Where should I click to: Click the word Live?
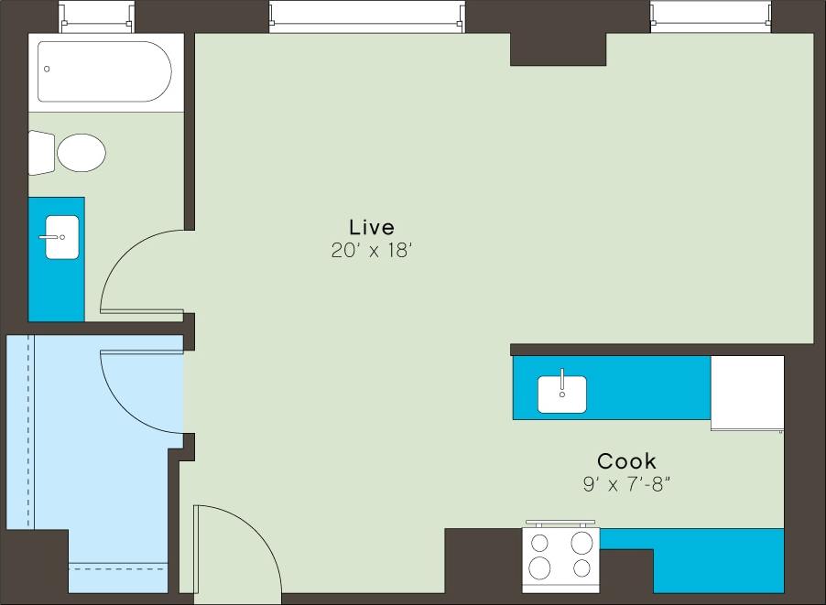tap(371, 227)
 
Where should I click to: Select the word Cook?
tap(626, 461)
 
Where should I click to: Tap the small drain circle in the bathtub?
tap(47, 69)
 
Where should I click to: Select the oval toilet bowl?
tap(82, 152)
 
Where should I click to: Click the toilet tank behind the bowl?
tap(41, 152)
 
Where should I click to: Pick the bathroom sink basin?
tap(62, 237)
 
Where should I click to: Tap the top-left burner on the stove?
tap(540, 543)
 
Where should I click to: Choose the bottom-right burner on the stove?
tap(581, 568)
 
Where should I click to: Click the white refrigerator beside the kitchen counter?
tap(747, 391)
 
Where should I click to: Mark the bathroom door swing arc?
tap(137, 270)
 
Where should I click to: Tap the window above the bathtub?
tap(96, 16)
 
